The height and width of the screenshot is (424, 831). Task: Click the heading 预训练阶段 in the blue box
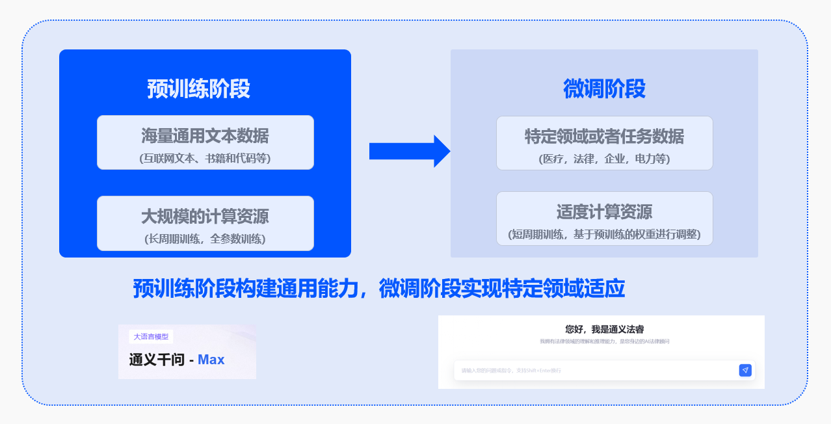(198, 89)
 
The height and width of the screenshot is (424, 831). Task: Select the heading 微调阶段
(604, 89)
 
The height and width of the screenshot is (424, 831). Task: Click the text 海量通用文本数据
(205, 136)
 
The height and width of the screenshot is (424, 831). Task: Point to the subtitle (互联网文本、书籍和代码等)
(205, 158)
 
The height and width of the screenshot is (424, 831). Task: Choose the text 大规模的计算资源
(205, 216)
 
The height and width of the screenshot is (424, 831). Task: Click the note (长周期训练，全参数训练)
(205, 239)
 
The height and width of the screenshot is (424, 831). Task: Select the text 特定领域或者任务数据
(604, 137)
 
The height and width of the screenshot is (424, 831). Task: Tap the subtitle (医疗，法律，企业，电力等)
(604, 159)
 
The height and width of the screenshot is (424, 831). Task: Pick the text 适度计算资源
(604, 212)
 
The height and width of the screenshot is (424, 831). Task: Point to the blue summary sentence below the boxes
(378, 289)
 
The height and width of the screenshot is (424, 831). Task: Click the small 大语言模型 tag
(151, 337)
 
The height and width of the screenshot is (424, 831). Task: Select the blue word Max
(211, 360)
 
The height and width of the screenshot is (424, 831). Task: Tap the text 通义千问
(157, 360)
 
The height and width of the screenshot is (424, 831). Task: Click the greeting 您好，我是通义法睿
(604, 330)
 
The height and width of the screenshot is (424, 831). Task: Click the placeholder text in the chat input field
(511, 371)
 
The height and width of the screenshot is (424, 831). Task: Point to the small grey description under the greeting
(604, 341)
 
